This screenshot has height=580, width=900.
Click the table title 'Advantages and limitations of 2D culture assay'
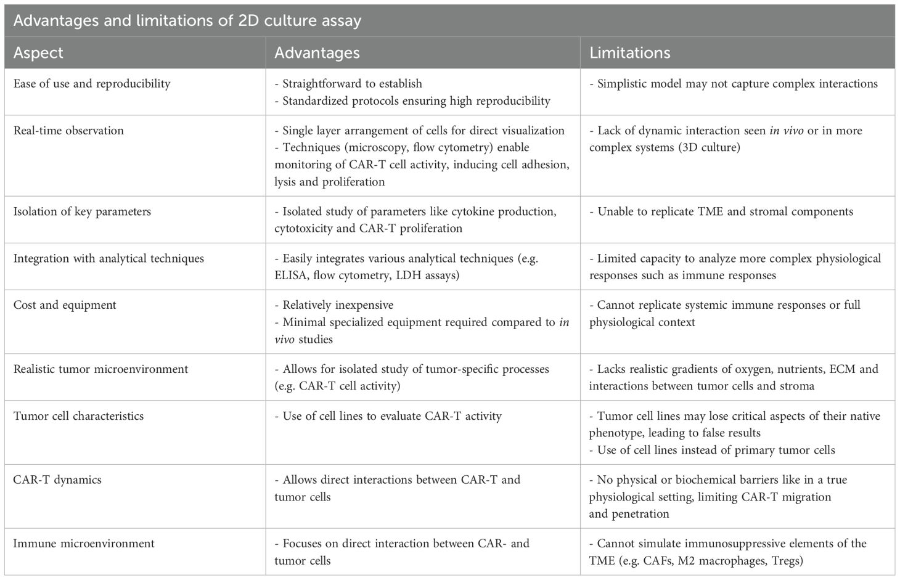[x=187, y=21]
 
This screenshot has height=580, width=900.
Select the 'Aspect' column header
[x=38, y=53]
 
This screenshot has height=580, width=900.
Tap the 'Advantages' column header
[x=317, y=53]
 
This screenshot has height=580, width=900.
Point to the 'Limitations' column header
[x=629, y=53]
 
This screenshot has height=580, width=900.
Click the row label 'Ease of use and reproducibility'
[x=92, y=84]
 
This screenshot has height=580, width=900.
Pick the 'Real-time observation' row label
[x=68, y=131]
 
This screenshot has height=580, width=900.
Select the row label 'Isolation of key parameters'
[x=82, y=211]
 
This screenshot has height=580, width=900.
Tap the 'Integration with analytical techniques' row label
[x=108, y=258]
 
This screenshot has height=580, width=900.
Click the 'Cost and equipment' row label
[x=65, y=305]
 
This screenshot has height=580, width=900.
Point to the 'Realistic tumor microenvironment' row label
[x=100, y=369]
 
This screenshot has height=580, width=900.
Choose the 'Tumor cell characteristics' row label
[x=78, y=416]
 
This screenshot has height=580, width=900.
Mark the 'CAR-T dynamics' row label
[x=57, y=480]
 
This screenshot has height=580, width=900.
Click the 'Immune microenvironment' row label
[x=84, y=544]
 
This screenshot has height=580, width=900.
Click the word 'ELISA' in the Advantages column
[x=290, y=276]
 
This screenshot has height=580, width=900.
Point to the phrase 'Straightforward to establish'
[x=352, y=84]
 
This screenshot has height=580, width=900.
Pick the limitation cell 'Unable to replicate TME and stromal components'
[x=725, y=211]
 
